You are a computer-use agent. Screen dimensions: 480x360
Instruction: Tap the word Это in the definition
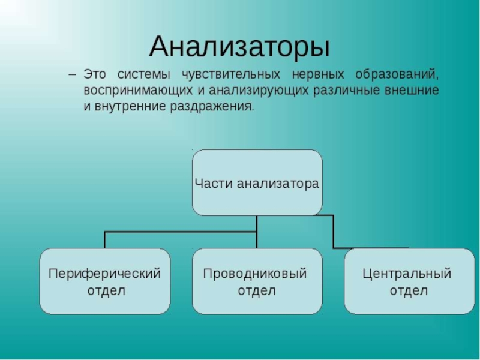click(x=95, y=76)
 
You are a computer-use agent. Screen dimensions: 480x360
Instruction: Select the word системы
click(x=144, y=76)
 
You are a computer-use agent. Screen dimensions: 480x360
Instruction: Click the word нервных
click(x=318, y=76)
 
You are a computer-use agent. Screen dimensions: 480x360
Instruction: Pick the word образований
click(x=397, y=76)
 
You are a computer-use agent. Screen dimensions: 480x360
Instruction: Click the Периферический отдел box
click(x=104, y=281)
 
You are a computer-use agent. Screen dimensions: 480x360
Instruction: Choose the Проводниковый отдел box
click(x=257, y=281)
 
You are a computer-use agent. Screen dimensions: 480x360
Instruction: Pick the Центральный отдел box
click(x=409, y=281)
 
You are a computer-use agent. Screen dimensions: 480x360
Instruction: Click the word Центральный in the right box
click(x=407, y=274)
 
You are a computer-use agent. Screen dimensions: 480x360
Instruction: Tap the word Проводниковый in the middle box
click(x=255, y=274)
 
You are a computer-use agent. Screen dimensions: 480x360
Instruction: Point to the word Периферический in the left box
click(x=104, y=274)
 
